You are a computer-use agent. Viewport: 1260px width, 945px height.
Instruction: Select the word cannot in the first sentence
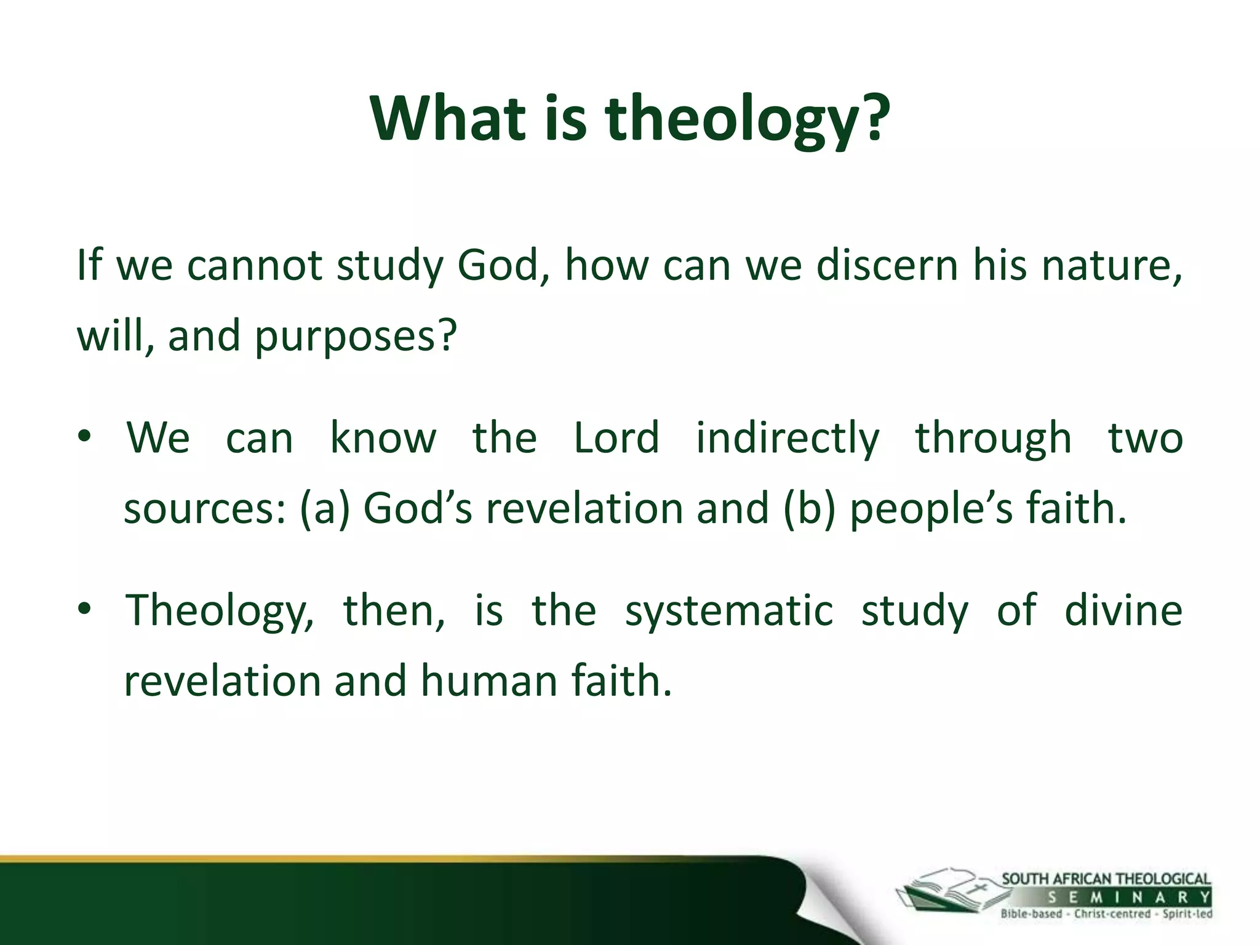(x=255, y=266)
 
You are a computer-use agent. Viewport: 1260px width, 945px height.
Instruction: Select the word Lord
(x=616, y=437)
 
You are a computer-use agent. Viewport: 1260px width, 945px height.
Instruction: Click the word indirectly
(x=787, y=437)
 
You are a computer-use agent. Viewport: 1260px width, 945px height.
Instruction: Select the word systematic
(x=729, y=611)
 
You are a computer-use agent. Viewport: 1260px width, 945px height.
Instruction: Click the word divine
(x=1123, y=610)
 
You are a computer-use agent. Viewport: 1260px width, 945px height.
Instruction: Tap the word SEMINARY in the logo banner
(x=1129, y=898)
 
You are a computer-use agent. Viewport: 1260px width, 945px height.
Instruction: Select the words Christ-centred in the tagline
(x=1112, y=914)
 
